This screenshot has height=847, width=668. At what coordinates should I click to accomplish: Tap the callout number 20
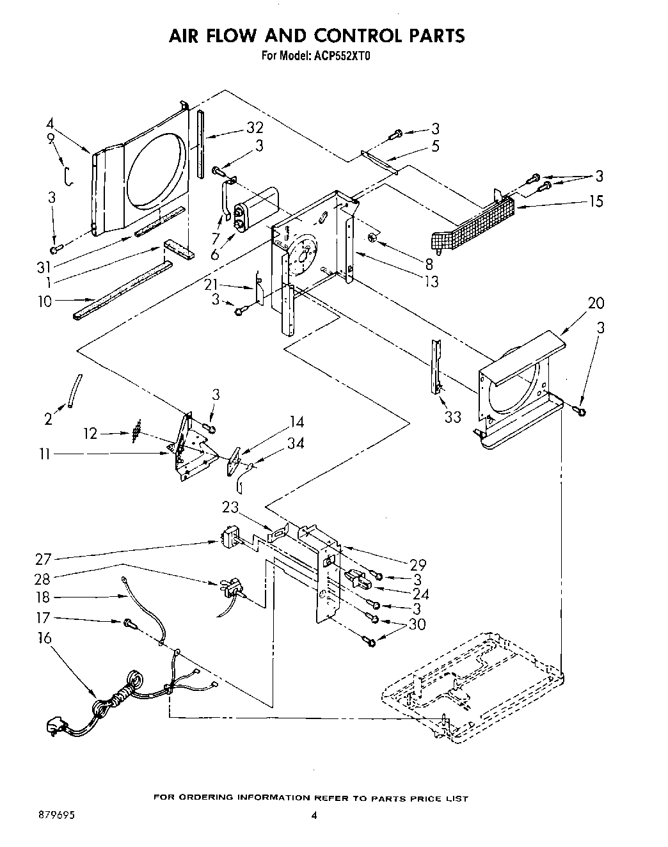click(x=595, y=303)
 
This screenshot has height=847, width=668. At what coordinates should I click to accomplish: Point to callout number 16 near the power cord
click(x=44, y=638)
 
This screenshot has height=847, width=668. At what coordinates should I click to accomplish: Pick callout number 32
click(x=255, y=128)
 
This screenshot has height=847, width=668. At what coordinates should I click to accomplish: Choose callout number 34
click(x=295, y=443)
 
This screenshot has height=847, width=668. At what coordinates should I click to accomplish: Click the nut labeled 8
click(x=373, y=239)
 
